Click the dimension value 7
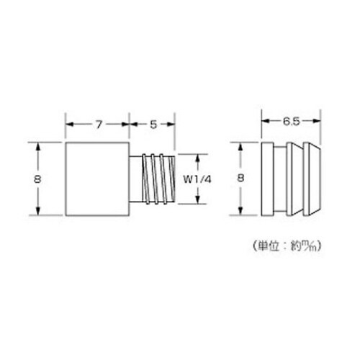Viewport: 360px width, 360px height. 98,124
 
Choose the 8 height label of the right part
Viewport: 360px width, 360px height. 240,179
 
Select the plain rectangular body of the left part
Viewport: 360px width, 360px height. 97,179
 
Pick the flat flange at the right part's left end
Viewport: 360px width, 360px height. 267,179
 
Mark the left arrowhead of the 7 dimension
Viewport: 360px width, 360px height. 70,124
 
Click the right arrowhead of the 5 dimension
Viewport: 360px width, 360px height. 173,124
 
